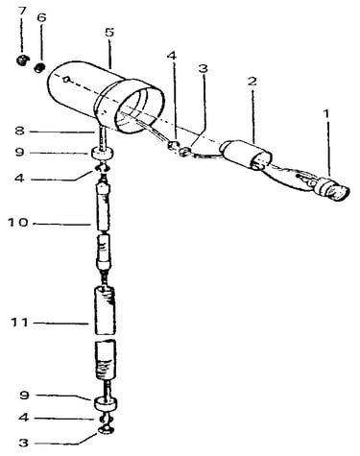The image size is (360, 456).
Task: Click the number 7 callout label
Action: [21, 12]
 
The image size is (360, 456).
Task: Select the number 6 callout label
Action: [41, 18]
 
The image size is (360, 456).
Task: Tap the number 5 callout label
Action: [109, 33]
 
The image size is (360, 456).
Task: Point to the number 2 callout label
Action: [252, 82]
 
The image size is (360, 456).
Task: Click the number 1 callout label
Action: [326, 113]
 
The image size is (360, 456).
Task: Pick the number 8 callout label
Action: [19, 131]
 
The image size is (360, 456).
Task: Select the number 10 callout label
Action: [18, 222]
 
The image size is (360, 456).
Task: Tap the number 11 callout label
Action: [20, 323]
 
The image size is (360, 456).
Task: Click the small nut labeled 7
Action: [22, 60]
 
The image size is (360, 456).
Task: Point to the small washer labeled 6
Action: [39, 67]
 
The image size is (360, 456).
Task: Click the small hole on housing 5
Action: [66, 80]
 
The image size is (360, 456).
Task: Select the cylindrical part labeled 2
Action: [246, 156]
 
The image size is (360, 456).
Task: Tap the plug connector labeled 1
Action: [331, 189]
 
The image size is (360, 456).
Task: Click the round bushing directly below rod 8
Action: [102, 153]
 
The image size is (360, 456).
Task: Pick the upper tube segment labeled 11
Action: [105, 310]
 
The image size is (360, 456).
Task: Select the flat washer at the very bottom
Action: [106, 430]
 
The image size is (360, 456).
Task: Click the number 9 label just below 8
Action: [19, 152]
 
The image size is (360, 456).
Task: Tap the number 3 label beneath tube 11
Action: [23, 444]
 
